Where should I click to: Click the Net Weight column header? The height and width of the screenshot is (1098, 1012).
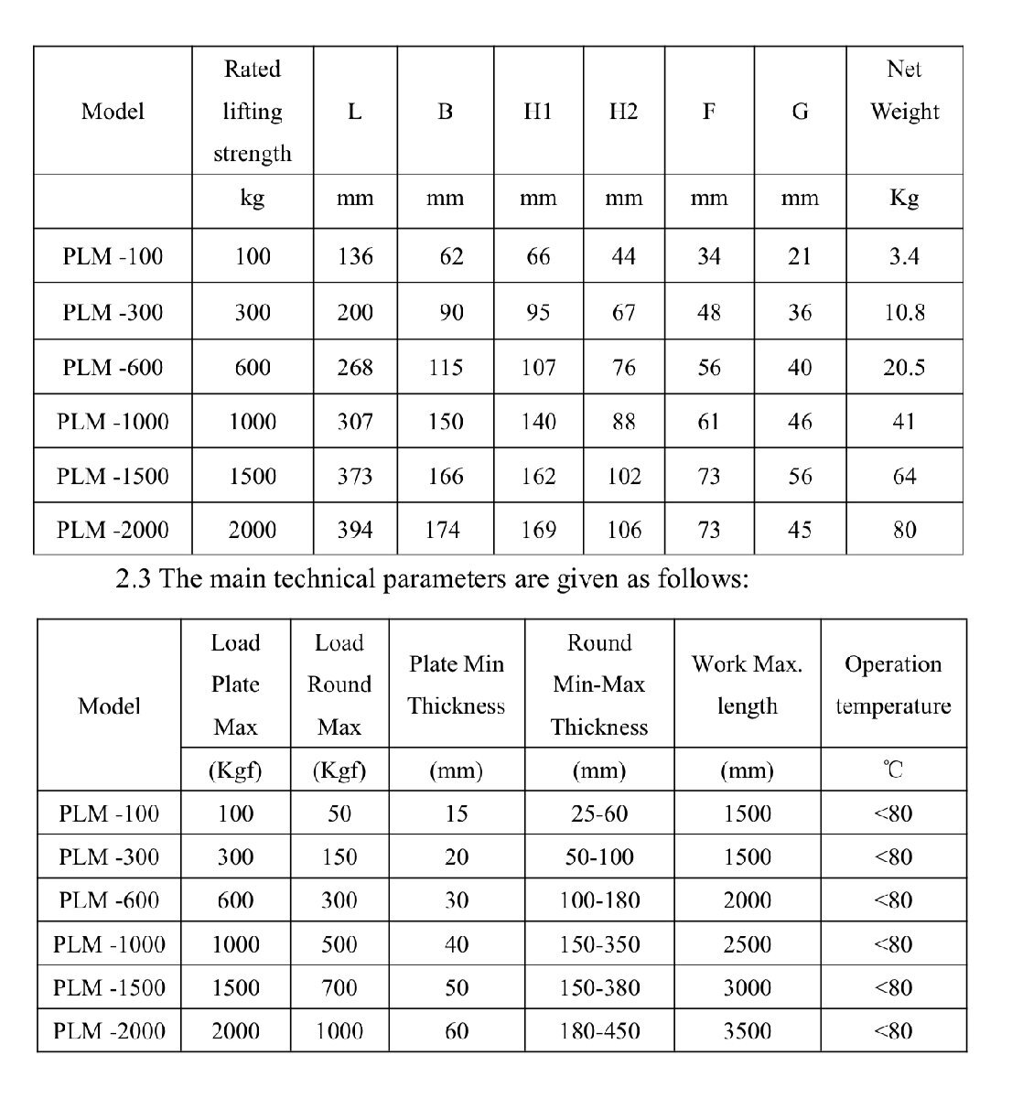pyautogui.click(x=904, y=91)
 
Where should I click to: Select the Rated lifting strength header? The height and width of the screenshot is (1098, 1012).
pyautogui.click(x=252, y=111)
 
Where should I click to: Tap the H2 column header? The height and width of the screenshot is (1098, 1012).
pyautogui.click(x=623, y=112)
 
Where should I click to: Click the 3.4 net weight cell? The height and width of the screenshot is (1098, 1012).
pyautogui.click(x=904, y=256)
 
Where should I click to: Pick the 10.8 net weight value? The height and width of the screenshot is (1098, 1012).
pyautogui.click(x=904, y=312)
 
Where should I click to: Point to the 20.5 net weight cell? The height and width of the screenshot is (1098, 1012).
pyautogui.click(x=904, y=367)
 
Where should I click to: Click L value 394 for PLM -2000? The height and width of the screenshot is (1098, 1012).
pyautogui.click(x=355, y=530)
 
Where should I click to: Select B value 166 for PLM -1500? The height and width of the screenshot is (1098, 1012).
pyautogui.click(x=445, y=476)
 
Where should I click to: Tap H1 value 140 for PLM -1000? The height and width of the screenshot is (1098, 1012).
pyautogui.click(x=538, y=422)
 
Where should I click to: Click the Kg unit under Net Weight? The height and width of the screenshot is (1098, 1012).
pyautogui.click(x=904, y=198)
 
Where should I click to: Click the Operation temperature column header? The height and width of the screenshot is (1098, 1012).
pyautogui.click(x=893, y=684)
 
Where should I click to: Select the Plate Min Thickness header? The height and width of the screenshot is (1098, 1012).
pyautogui.click(x=456, y=684)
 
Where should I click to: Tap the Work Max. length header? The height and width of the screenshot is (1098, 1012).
pyautogui.click(x=747, y=684)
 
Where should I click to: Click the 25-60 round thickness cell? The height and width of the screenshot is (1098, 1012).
pyautogui.click(x=599, y=813)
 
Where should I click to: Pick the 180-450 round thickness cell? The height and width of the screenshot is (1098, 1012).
pyautogui.click(x=599, y=1031)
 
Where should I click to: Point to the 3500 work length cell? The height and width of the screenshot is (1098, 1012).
pyautogui.click(x=747, y=1031)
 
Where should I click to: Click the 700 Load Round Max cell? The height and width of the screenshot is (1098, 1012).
pyautogui.click(x=339, y=988)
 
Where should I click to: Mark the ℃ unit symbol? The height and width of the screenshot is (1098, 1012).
pyautogui.click(x=893, y=770)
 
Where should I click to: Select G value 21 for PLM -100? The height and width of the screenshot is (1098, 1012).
pyautogui.click(x=800, y=256)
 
